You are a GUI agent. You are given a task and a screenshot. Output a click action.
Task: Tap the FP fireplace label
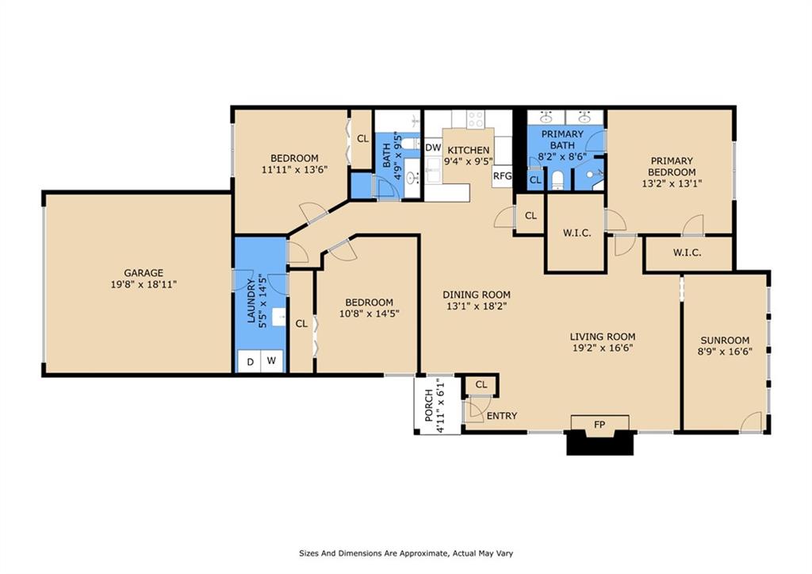(x=600, y=425)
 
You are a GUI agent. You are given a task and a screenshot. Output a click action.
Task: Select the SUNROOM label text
(x=724, y=341)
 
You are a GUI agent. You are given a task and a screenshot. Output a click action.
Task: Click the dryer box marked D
(x=251, y=362)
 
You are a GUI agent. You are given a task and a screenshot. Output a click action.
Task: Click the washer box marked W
(x=272, y=362)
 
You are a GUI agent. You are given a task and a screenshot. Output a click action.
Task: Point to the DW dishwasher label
(x=433, y=148)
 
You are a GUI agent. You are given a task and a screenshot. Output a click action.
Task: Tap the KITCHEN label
(x=469, y=151)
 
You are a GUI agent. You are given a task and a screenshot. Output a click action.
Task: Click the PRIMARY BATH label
(x=562, y=140)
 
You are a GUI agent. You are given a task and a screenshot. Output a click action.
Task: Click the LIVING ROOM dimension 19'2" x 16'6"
(x=603, y=347)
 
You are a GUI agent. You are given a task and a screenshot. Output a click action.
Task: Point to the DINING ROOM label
(x=476, y=295)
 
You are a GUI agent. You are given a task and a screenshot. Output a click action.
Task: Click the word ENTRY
(x=501, y=416)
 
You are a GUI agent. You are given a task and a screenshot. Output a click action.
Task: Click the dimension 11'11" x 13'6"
(x=294, y=169)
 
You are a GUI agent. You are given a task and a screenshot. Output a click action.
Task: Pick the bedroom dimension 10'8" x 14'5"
(x=369, y=314)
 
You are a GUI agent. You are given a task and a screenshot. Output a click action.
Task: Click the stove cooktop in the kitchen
(x=475, y=119)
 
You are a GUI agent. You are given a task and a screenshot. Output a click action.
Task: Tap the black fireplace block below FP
(x=600, y=444)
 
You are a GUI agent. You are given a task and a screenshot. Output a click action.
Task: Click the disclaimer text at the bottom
(x=410, y=553)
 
